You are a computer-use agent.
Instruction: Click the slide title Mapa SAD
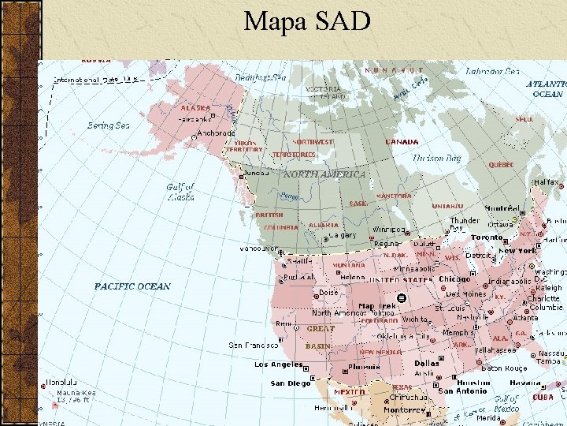306,21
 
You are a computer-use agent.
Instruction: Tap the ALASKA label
195,108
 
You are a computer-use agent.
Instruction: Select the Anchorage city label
215,133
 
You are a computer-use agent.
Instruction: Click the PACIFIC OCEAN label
132,286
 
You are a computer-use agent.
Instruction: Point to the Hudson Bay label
438,159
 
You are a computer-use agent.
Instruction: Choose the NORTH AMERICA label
324,174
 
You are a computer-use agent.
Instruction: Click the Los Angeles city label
278,364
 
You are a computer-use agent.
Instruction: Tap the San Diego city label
290,383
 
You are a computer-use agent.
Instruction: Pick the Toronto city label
486,237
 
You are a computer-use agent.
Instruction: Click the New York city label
517,251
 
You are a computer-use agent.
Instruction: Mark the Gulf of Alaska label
180,192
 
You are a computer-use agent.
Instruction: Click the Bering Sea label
108,125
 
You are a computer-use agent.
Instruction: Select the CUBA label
543,398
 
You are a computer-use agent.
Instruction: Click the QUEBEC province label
501,165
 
